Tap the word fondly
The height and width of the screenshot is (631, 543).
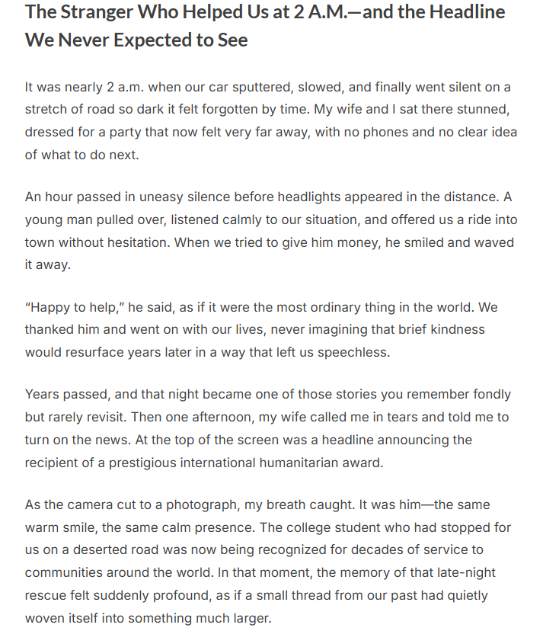[491, 395]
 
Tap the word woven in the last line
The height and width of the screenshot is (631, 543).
[44, 617]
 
